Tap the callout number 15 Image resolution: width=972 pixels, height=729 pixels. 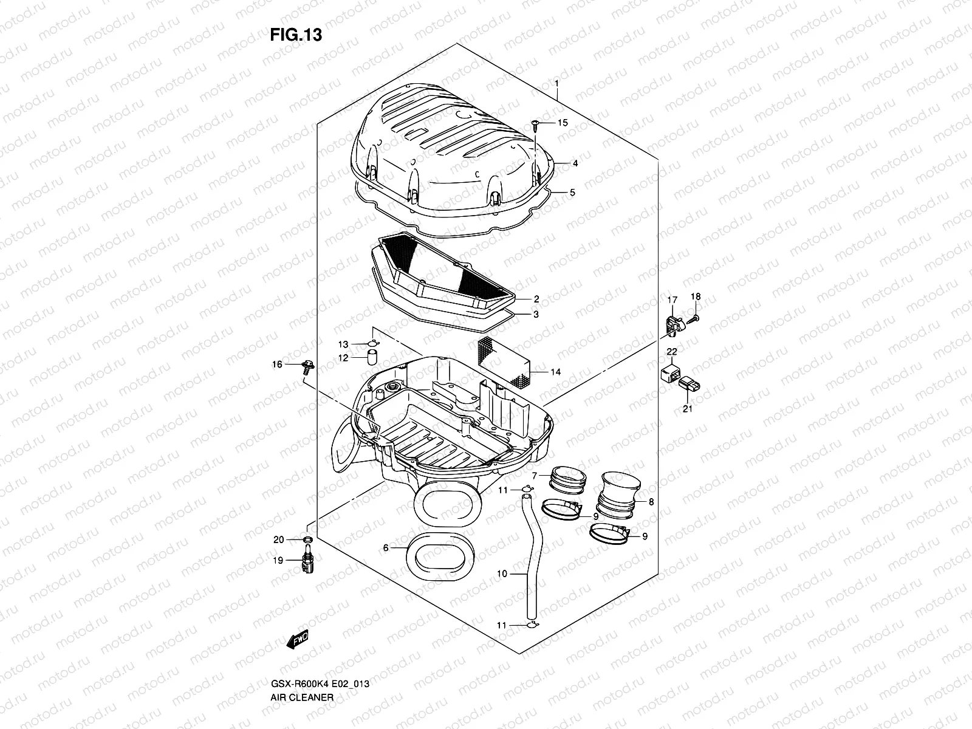point(563,123)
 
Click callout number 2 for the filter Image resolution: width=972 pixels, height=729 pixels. point(536,299)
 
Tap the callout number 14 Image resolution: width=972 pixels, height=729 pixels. point(555,372)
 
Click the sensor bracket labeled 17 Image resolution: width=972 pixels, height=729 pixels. point(673,323)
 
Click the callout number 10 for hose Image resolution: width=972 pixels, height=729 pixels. point(502,573)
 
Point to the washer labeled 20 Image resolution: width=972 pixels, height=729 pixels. point(308,539)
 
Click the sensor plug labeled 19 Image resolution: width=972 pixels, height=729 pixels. point(307,563)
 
